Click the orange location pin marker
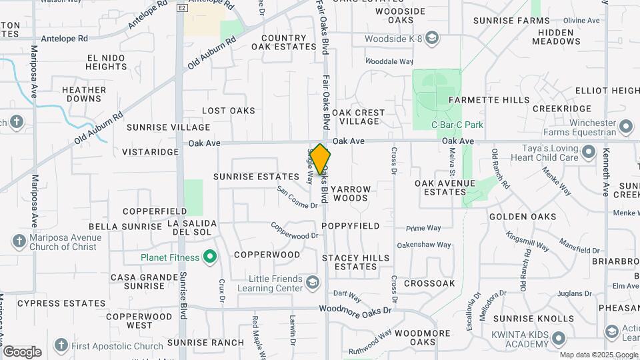click(x=320, y=161)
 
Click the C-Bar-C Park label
click(x=457, y=125)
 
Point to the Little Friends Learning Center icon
click(x=311, y=283)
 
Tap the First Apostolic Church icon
click(x=61, y=345)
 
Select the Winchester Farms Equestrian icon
click(x=626, y=126)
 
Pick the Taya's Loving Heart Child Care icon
click(x=589, y=153)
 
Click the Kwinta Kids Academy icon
click(x=560, y=338)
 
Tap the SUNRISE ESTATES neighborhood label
click(x=256, y=177)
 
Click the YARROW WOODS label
click(x=350, y=193)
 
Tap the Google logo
click(x=22, y=351)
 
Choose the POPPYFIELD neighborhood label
click(x=350, y=226)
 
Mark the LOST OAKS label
click(x=229, y=111)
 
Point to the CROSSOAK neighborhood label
click(x=429, y=283)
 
